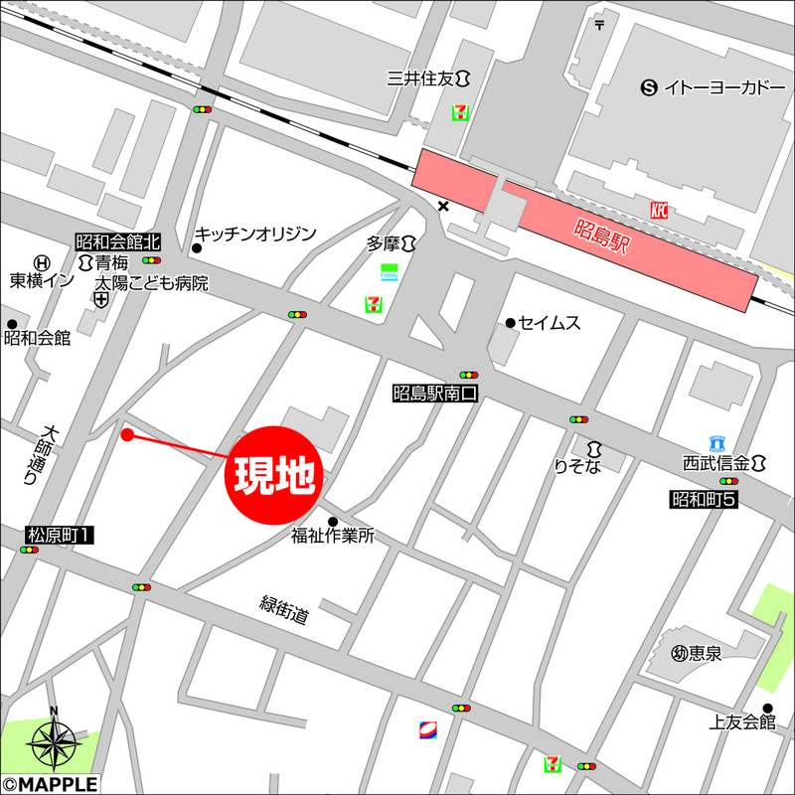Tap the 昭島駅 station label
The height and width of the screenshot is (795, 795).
pyautogui.click(x=603, y=240)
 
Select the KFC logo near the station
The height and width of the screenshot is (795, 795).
pyautogui.click(x=658, y=209)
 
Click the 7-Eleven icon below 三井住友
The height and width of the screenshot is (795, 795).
pyautogui.click(x=461, y=112)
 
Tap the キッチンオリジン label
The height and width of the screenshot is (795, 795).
pyautogui.click(x=254, y=234)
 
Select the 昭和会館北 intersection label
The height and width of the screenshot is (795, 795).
pyautogui.click(x=117, y=241)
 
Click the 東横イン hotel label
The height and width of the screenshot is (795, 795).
pyautogui.click(x=42, y=281)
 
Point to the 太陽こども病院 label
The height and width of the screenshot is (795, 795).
pyautogui.click(x=152, y=283)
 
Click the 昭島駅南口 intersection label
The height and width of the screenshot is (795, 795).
pyautogui.click(x=435, y=394)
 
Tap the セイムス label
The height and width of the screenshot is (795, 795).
pyautogui.click(x=549, y=323)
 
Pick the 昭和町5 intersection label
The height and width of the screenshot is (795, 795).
pyautogui.click(x=703, y=499)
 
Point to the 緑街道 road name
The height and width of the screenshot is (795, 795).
pyautogui.click(x=285, y=609)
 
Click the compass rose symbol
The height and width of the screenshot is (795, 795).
pyautogui.click(x=54, y=740)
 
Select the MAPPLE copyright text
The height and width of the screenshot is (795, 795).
pyautogui.click(x=50, y=785)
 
